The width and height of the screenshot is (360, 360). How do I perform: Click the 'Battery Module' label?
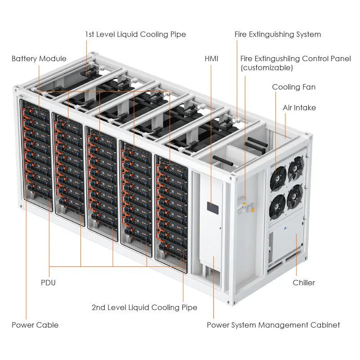[39, 58]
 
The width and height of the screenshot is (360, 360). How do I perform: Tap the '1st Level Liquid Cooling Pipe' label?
[135, 35]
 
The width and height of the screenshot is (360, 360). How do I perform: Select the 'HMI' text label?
[211, 58]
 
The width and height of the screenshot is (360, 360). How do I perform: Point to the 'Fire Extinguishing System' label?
[278, 35]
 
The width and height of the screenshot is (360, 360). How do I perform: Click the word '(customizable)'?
[266, 68]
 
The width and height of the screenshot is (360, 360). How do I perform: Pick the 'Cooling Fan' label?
[293, 87]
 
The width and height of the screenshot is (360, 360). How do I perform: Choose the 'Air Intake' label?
[299, 108]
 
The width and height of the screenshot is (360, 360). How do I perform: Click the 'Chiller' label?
[304, 283]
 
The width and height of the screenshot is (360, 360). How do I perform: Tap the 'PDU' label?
[48, 283]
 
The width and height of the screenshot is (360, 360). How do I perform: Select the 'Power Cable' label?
[35, 324]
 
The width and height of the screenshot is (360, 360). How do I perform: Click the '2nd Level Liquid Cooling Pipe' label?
[144, 307]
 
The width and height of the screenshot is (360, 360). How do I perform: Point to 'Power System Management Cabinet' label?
[273, 324]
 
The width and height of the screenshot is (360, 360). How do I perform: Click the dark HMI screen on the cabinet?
[212, 207]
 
